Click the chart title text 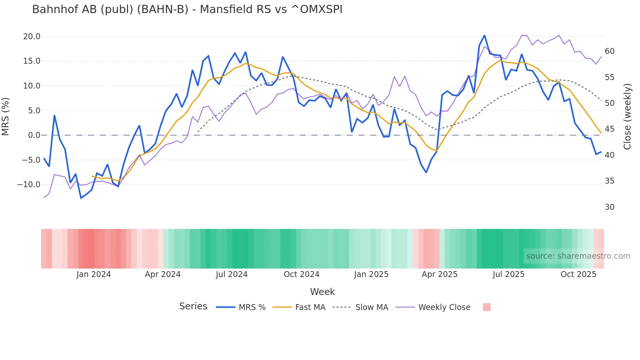tap(187, 9)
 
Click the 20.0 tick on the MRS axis tap(32, 37)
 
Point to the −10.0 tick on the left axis tap(29, 185)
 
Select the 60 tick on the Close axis tap(609, 51)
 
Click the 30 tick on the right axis tap(609, 207)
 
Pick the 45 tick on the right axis tap(609, 129)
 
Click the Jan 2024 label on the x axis tap(94, 274)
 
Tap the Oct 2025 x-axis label tap(578, 274)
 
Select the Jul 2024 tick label tap(232, 274)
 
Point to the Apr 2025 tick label tap(440, 274)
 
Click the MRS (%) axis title tap(6, 116)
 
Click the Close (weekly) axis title tap(627, 116)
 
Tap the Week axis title tap(322, 292)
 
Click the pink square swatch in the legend tap(487, 307)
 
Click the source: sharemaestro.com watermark tap(578, 256)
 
